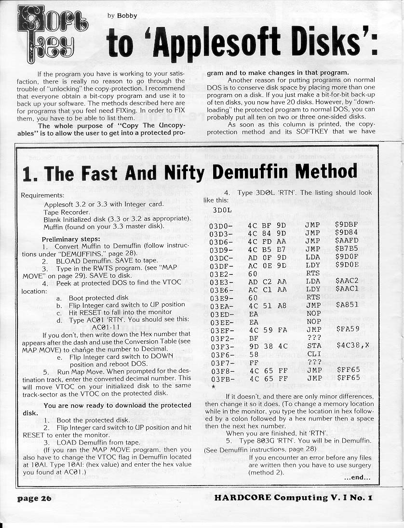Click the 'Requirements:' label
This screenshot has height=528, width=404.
point(43,196)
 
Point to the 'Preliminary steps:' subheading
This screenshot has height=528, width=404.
point(71,239)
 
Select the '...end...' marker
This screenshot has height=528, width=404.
point(357,478)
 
